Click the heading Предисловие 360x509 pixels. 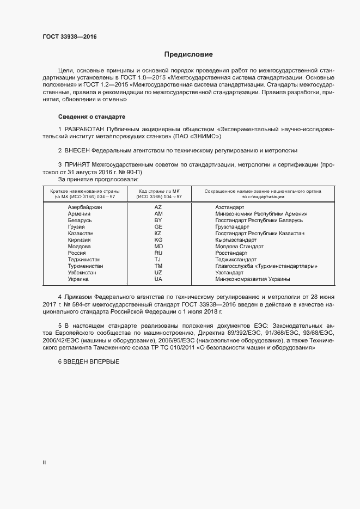189,54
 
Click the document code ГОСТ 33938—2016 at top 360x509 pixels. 70,37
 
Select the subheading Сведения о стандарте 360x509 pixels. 91,117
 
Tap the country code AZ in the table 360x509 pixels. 158,207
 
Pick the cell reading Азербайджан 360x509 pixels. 84,207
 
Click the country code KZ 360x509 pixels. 158,234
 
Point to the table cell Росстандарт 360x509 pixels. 233,253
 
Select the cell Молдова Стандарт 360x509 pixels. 239,247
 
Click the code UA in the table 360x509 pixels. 158,279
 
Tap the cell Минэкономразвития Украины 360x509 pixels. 252,279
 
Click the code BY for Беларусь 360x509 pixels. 158,220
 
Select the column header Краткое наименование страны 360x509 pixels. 84,191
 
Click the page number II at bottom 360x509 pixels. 44,463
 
